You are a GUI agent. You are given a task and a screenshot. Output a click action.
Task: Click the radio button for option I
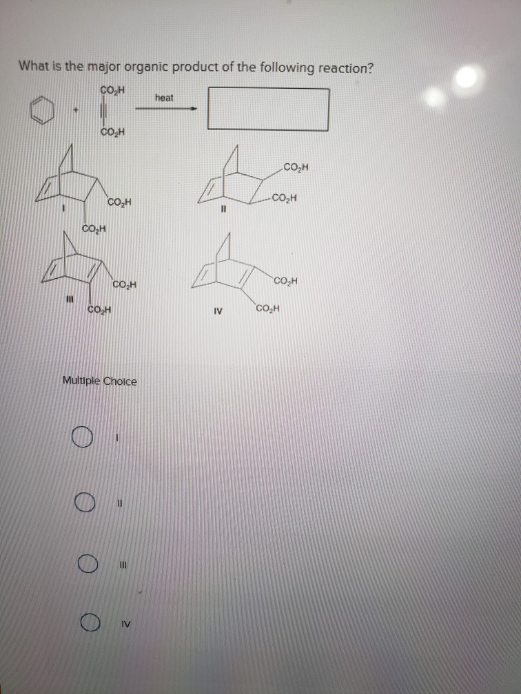pyautogui.click(x=81, y=437)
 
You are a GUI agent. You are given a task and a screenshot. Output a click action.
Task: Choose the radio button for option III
pyautogui.click(x=86, y=565)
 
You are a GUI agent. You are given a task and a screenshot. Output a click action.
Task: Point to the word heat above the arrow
pyautogui.click(x=164, y=98)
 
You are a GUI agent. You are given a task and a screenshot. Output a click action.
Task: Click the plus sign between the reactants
pyautogui.click(x=78, y=110)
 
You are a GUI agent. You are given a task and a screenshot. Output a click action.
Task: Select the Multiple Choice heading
pyautogui.click(x=99, y=381)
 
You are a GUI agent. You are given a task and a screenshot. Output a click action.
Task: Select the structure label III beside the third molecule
pyautogui.click(x=68, y=299)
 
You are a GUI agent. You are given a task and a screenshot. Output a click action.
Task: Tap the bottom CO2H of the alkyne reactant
pyautogui.click(x=112, y=133)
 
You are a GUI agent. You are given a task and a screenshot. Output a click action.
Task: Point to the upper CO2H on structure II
pyautogui.click(x=297, y=167)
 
